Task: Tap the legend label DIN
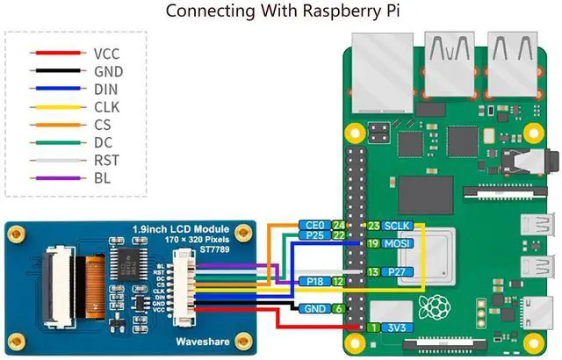(x=106, y=89)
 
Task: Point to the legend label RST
(x=106, y=161)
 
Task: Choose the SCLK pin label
(x=397, y=226)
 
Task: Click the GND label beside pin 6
(x=314, y=309)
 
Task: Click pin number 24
(x=338, y=225)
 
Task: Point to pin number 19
(x=372, y=243)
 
